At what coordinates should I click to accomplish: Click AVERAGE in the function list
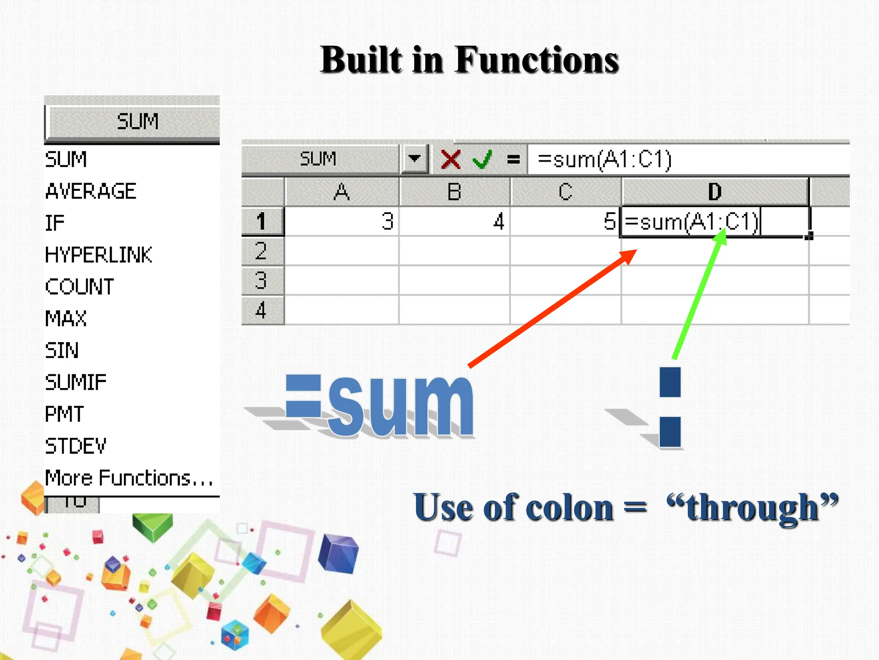[91, 191]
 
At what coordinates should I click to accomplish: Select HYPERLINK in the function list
[99, 255]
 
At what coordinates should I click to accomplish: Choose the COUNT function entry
[80, 287]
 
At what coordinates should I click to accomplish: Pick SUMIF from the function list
[76, 382]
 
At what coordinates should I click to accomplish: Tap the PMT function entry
[64, 414]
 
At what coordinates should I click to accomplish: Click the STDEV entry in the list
[76, 446]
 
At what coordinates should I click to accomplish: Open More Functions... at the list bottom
[129, 478]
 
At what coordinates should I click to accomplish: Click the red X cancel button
[451, 159]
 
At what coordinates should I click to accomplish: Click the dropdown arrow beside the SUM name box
[414, 159]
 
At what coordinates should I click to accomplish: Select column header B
[455, 192]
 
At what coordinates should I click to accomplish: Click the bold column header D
[715, 192]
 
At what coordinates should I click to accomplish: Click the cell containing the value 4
[455, 222]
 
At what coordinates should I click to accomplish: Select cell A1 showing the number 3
[342, 222]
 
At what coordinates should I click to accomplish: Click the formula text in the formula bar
[604, 159]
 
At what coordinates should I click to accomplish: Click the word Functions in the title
[536, 60]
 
